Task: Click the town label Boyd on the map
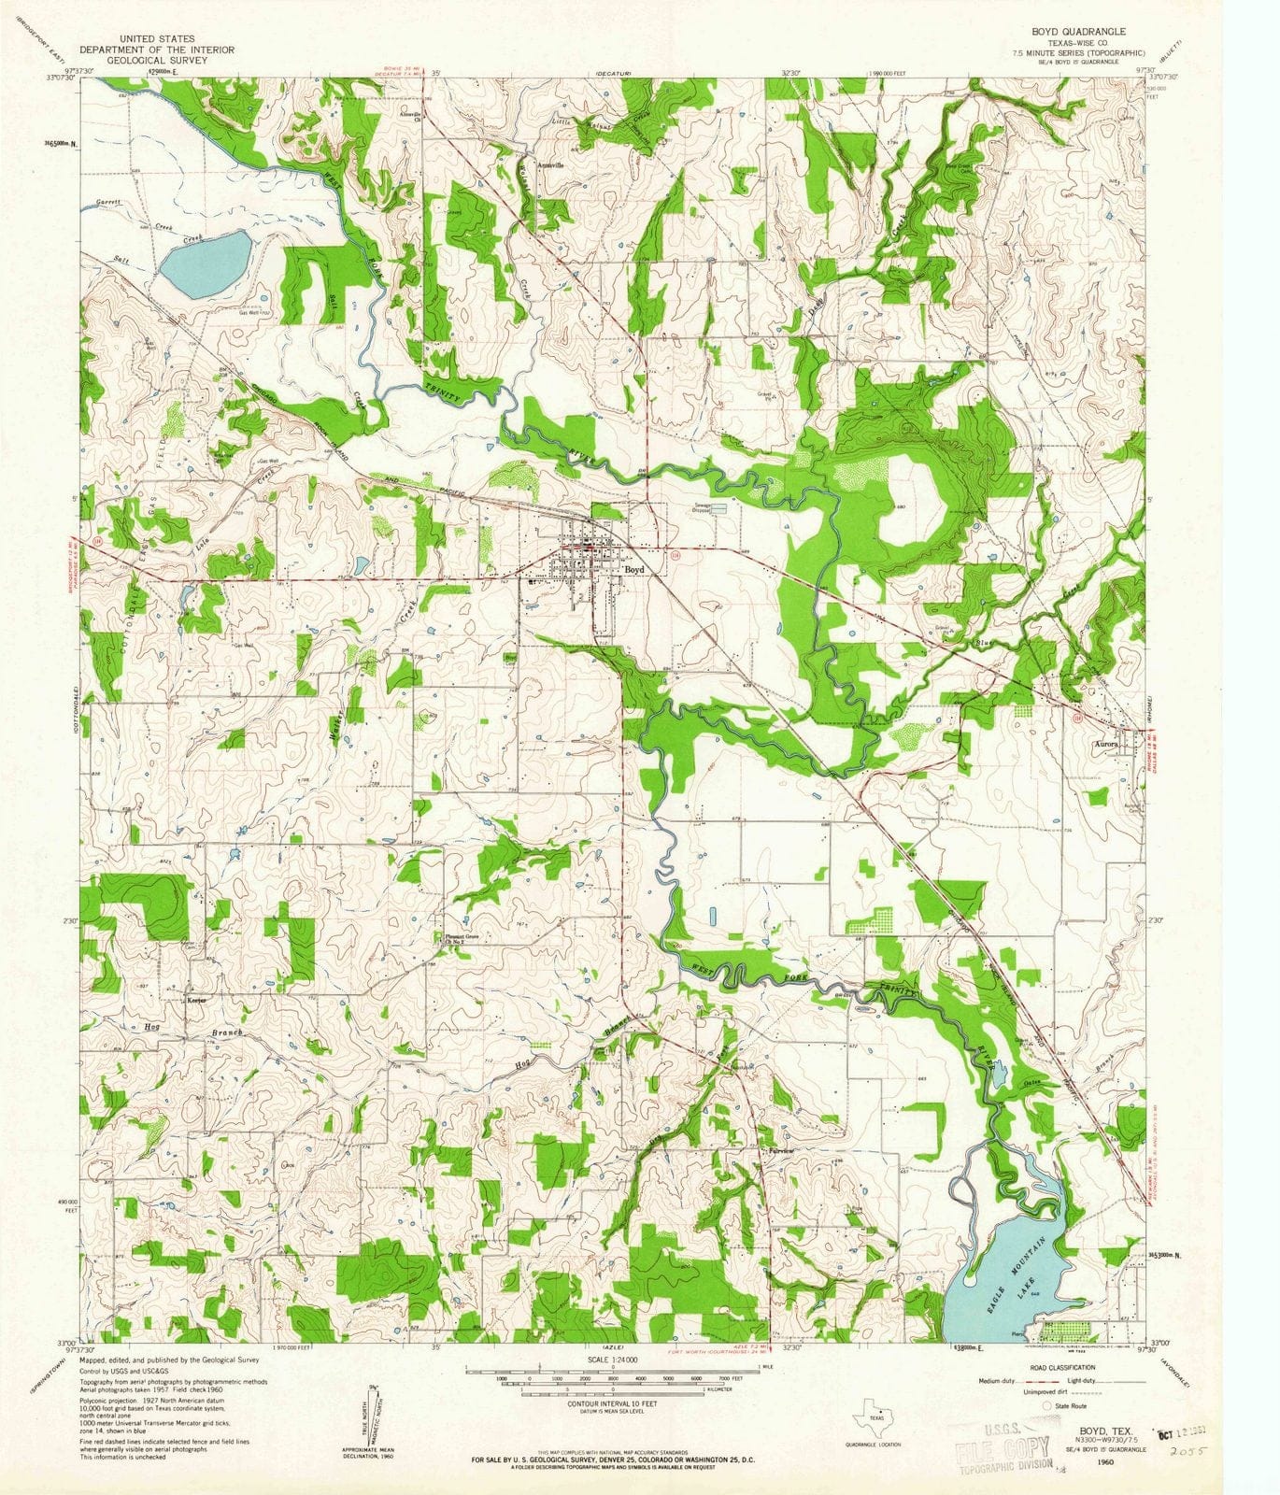coord(635,569)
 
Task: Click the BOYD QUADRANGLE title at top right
coord(1078,32)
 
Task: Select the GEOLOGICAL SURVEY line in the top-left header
coord(157,61)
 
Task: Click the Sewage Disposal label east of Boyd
coord(702,508)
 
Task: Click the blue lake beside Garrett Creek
coord(206,264)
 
